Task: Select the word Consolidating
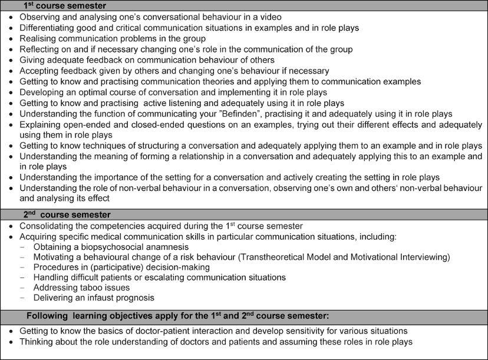tap(47, 226)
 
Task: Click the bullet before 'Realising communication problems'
tap(10, 39)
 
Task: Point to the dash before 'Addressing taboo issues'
tap(22, 288)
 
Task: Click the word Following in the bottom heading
tap(46, 315)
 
